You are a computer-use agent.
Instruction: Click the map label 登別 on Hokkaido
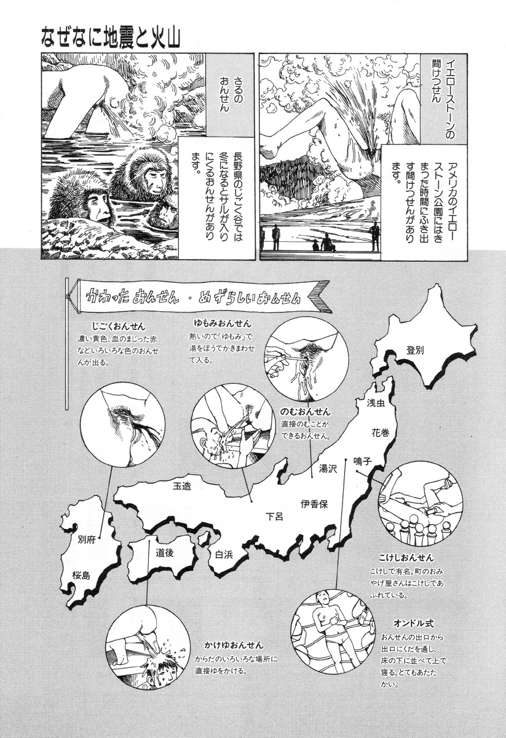[x=415, y=350]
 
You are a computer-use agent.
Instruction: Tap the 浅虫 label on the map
[x=376, y=403]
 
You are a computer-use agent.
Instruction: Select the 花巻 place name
[x=381, y=432]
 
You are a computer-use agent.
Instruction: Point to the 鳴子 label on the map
[x=363, y=461]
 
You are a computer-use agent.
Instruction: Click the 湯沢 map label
[x=328, y=469]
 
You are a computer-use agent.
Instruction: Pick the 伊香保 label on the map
[x=314, y=504]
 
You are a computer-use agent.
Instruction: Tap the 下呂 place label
[x=274, y=516]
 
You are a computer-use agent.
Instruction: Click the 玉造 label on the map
[x=182, y=486]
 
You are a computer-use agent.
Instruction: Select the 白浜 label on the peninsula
[x=224, y=555]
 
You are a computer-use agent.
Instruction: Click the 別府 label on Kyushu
[x=87, y=540]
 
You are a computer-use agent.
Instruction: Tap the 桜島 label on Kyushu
[x=81, y=575]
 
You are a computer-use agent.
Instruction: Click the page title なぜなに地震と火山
[x=111, y=39]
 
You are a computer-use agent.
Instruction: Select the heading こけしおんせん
[x=406, y=558]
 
